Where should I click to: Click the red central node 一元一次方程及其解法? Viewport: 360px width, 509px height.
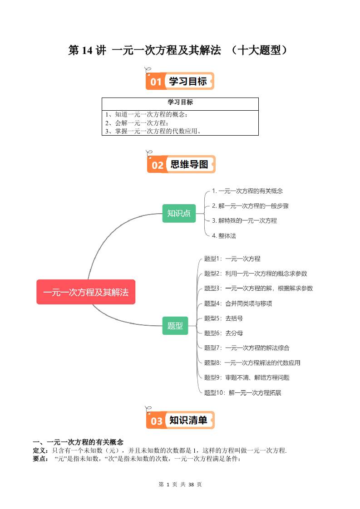[x=86, y=292]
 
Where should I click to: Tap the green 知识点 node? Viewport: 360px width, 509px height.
[x=179, y=213]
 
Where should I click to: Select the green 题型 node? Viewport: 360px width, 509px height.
[x=175, y=325]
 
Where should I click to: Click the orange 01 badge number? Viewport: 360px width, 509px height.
[x=156, y=82]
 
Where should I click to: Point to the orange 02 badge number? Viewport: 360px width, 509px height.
[x=157, y=165]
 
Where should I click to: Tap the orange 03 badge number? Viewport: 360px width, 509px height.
[x=156, y=421]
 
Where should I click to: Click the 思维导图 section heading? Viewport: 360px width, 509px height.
[x=189, y=165]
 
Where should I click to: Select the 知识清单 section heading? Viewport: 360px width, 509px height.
[x=188, y=421]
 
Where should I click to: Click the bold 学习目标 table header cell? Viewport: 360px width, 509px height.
[x=180, y=103]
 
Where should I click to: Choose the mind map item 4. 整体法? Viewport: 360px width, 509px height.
[x=224, y=236]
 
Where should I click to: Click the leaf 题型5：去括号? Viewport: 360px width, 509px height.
[x=223, y=318]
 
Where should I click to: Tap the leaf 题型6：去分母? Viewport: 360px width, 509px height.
[x=223, y=333]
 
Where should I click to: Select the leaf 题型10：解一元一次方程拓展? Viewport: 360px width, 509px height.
[x=242, y=392]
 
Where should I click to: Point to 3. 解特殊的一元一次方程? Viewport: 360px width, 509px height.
[x=244, y=220]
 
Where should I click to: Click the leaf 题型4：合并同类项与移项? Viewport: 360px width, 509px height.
[x=238, y=303]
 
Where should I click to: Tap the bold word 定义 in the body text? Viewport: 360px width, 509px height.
[x=39, y=450]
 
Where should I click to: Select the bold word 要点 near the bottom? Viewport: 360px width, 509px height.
[x=39, y=459]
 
